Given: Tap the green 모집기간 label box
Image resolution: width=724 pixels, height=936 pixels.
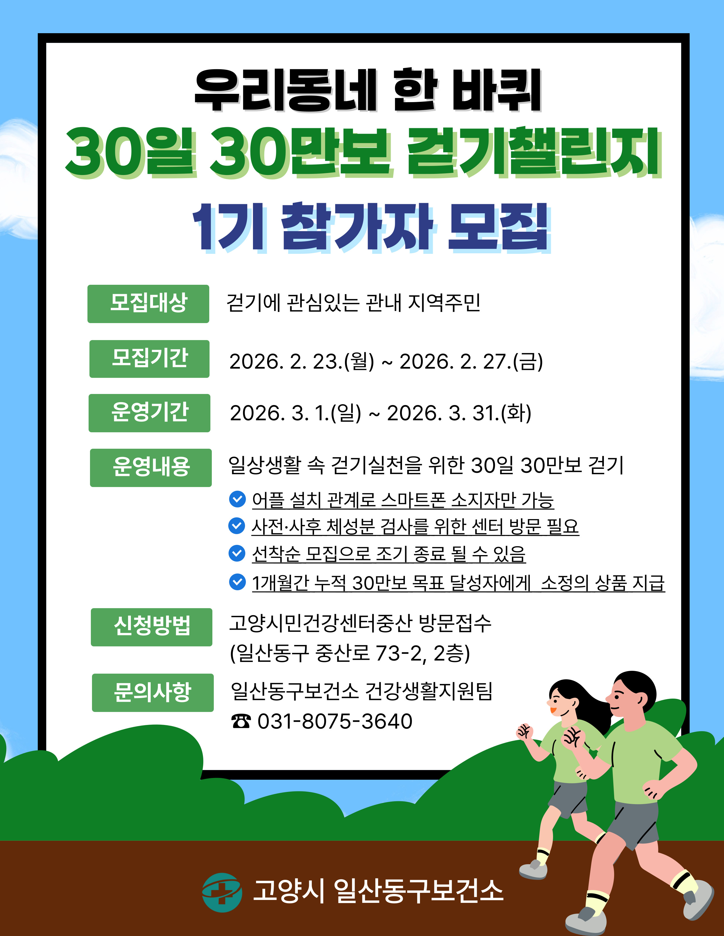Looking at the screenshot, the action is (149, 359).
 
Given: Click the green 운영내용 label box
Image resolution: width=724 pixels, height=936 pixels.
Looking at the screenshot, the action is (150, 467).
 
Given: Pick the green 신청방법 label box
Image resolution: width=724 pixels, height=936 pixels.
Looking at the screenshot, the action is (151, 627).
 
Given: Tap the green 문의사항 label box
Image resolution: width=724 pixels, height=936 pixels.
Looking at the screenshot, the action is (153, 693).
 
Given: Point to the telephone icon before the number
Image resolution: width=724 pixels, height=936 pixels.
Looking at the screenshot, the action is (241, 721).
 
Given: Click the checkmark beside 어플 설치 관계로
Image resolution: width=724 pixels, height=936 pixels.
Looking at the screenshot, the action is (237, 499).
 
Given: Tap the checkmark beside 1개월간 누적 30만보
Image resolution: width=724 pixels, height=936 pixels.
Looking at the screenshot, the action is (237, 581).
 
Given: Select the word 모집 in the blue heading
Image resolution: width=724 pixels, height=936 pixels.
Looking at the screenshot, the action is (499, 227).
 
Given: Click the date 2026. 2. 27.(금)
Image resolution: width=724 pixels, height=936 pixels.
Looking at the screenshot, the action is (471, 361).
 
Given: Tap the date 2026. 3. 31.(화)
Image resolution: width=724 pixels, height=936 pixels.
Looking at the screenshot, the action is (459, 413).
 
